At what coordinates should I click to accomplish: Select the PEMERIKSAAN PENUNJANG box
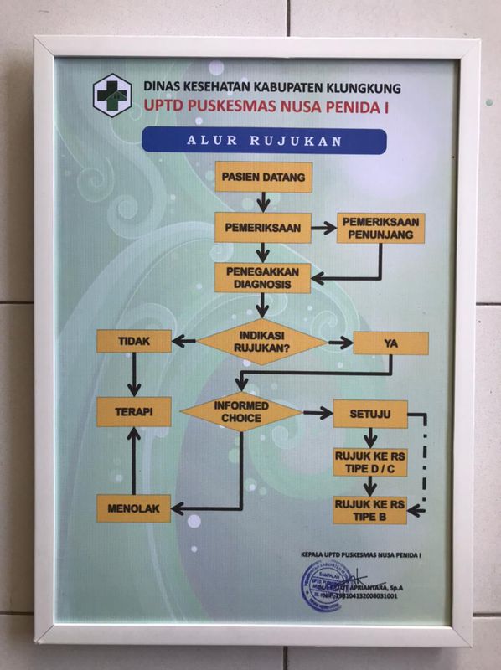(x=380, y=228)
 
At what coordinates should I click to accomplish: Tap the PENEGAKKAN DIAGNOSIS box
(x=263, y=278)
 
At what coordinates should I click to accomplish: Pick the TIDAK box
(x=134, y=341)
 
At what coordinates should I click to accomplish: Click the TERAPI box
(x=134, y=411)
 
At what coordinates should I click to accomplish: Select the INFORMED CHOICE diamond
(x=241, y=412)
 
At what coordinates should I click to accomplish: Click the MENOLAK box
(x=134, y=508)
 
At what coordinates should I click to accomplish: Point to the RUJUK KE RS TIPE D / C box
(x=369, y=461)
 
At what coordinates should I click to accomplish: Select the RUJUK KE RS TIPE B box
(x=369, y=509)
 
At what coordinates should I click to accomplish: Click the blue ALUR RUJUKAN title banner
(x=264, y=140)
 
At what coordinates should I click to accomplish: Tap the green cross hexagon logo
(x=106, y=95)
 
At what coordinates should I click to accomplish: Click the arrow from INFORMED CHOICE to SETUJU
(x=318, y=413)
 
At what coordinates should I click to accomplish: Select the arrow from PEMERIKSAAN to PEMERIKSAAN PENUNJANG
(x=323, y=226)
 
